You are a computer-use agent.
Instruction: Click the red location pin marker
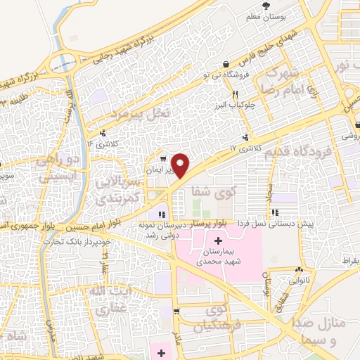pyautogui.click(x=181, y=165)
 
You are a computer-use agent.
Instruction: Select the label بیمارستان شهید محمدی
pyautogui.click(x=219, y=257)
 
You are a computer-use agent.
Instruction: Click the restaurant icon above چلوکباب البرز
pyautogui.click(x=236, y=94)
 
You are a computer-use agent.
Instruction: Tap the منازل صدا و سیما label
pyautogui.click(x=328, y=330)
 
